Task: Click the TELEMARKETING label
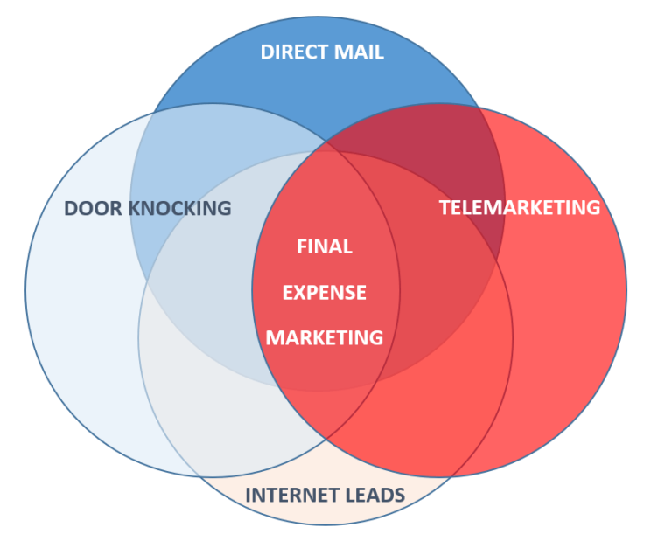520,207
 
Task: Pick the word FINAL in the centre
325,246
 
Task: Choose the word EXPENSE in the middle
325,292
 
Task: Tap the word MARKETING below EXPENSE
325,337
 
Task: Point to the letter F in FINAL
302,246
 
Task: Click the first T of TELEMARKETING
444,207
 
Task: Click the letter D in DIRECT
266,52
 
